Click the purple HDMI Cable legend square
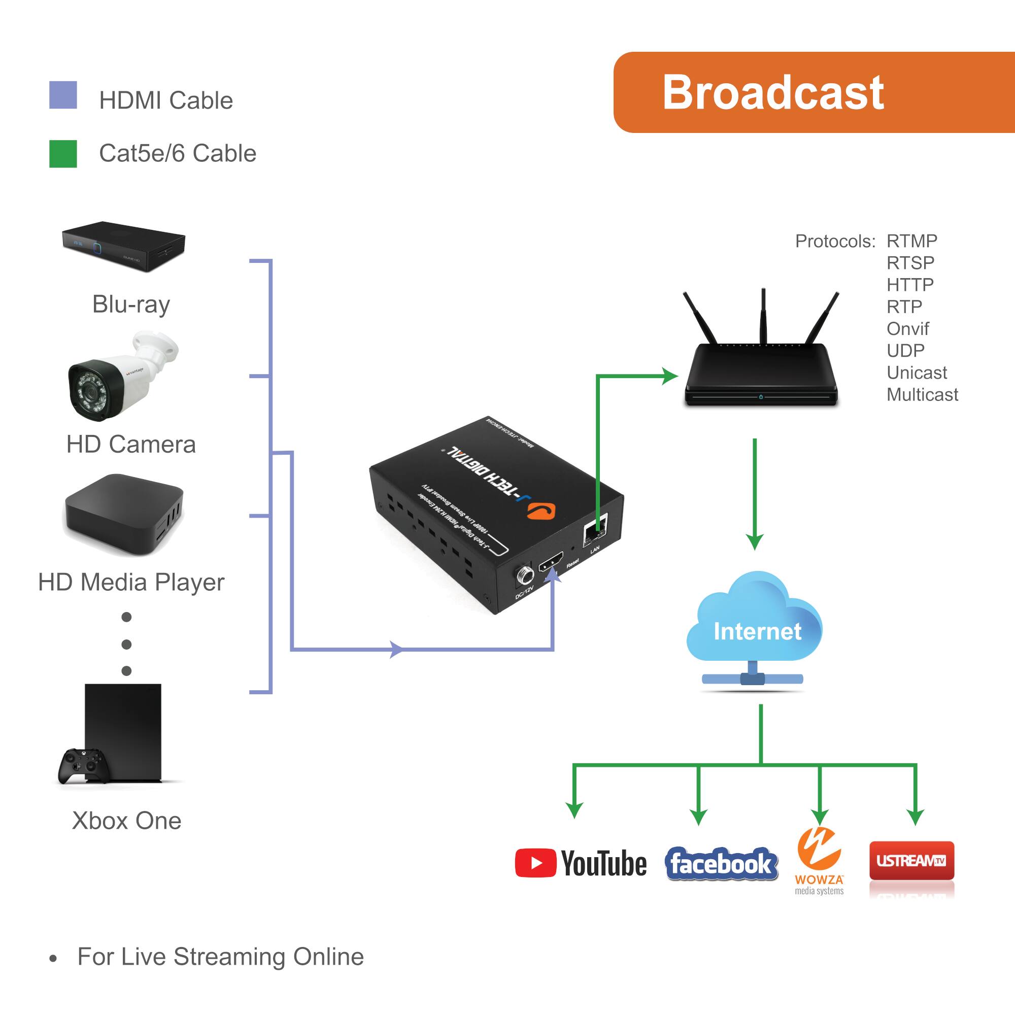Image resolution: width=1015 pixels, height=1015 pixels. (63, 95)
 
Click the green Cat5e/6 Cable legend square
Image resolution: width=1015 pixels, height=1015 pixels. (63, 153)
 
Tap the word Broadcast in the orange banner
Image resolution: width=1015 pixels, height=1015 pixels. (773, 92)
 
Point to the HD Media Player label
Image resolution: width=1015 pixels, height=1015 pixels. (131, 582)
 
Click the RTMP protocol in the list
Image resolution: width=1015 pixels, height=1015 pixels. (911, 241)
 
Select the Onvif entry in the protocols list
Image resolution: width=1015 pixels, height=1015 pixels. (907, 329)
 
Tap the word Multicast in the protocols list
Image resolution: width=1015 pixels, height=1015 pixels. (922, 394)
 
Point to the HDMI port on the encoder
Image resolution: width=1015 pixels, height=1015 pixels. (551, 562)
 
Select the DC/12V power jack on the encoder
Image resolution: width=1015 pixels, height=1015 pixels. (524, 576)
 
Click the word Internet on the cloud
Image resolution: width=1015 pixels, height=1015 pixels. (757, 631)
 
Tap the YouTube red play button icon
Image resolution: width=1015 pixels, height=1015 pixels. (535, 863)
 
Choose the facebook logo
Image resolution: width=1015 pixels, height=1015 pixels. (721, 864)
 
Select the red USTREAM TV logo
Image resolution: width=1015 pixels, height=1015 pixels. (911, 861)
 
